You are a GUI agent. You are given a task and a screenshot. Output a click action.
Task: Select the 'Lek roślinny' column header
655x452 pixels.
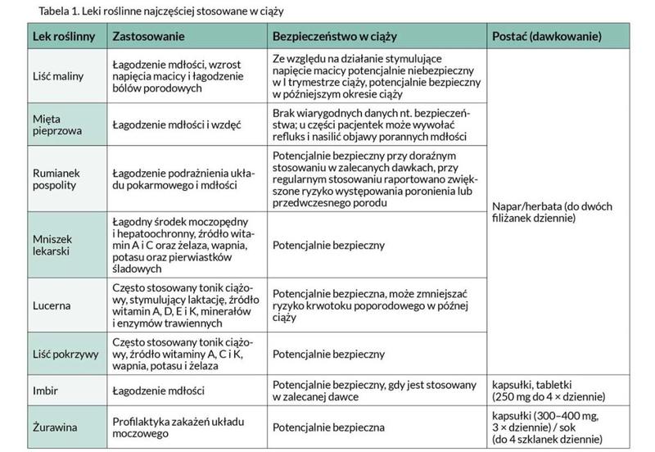tap(60, 38)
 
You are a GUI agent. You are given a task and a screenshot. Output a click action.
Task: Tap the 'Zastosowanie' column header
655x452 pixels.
tap(148, 38)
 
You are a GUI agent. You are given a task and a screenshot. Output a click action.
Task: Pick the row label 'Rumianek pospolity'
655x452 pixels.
tap(56, 179)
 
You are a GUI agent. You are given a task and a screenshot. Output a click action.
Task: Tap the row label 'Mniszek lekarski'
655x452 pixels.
tap(53, 245)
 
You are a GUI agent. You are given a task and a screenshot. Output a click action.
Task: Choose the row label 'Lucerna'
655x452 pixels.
tap(51, 305)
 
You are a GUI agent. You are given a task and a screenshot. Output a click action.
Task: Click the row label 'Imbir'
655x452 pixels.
tap(44, 390)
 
